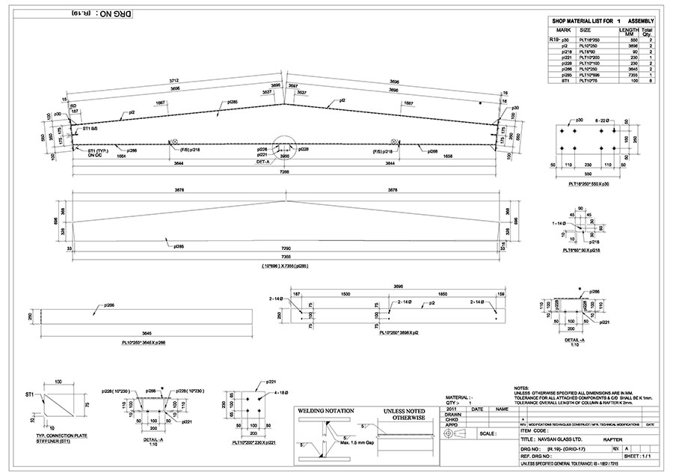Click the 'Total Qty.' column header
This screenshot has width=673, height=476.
(x=648, y=32)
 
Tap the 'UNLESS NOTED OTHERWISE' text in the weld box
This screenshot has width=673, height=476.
(x=404, y=415)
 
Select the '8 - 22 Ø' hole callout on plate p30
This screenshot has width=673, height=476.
(x=604, y=120)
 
